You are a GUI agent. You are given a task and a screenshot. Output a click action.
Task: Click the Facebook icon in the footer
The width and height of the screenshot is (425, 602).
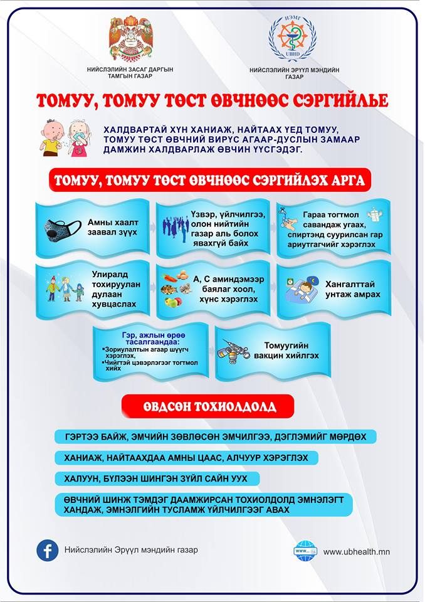47,550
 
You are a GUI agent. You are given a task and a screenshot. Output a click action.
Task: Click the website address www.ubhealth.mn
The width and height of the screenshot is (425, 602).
357,552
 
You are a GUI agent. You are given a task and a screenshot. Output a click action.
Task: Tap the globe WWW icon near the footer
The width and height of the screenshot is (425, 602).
306,551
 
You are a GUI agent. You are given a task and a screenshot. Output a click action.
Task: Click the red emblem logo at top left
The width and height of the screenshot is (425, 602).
131,38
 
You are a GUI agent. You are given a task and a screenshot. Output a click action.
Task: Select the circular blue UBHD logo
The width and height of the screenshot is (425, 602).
292,38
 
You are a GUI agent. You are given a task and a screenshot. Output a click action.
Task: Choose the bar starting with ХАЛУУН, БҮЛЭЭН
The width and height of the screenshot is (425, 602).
157,478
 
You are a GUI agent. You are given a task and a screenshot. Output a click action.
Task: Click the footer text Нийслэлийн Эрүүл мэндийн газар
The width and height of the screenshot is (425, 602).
130,550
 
